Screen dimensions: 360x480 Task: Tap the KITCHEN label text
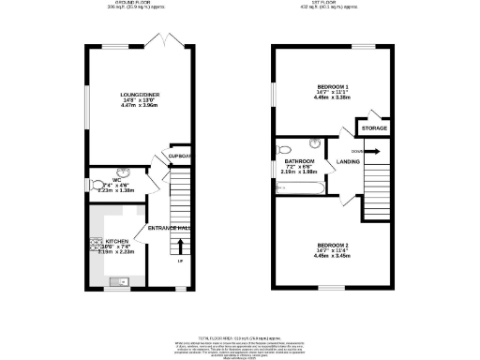(117, 241)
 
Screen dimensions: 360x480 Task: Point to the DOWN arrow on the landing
(370, 150)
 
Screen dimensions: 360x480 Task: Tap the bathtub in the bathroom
(299, 189)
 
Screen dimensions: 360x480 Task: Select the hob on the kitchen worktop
(97, 246)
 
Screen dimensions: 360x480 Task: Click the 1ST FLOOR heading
(327, 4)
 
